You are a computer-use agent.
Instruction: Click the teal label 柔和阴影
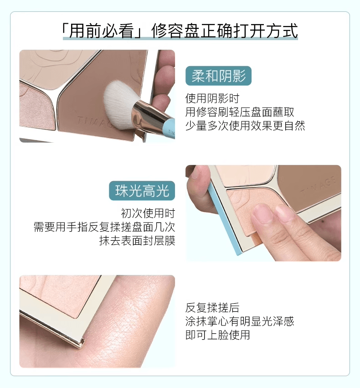219,76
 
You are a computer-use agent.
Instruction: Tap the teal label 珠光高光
142,191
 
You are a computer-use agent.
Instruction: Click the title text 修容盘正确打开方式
225,31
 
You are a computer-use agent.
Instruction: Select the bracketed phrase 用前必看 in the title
101,31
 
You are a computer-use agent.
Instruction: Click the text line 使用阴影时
212,98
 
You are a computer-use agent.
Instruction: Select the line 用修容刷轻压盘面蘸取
240,112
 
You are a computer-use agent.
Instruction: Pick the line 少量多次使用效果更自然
245,125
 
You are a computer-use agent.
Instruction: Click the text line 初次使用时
148,213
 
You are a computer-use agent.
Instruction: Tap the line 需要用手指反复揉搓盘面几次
104,227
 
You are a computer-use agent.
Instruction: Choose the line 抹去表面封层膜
137,240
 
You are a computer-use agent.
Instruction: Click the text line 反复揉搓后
212,308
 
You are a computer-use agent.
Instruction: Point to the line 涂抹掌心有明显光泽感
240,321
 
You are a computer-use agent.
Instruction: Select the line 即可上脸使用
218,335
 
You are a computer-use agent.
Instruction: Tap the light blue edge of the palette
224,222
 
